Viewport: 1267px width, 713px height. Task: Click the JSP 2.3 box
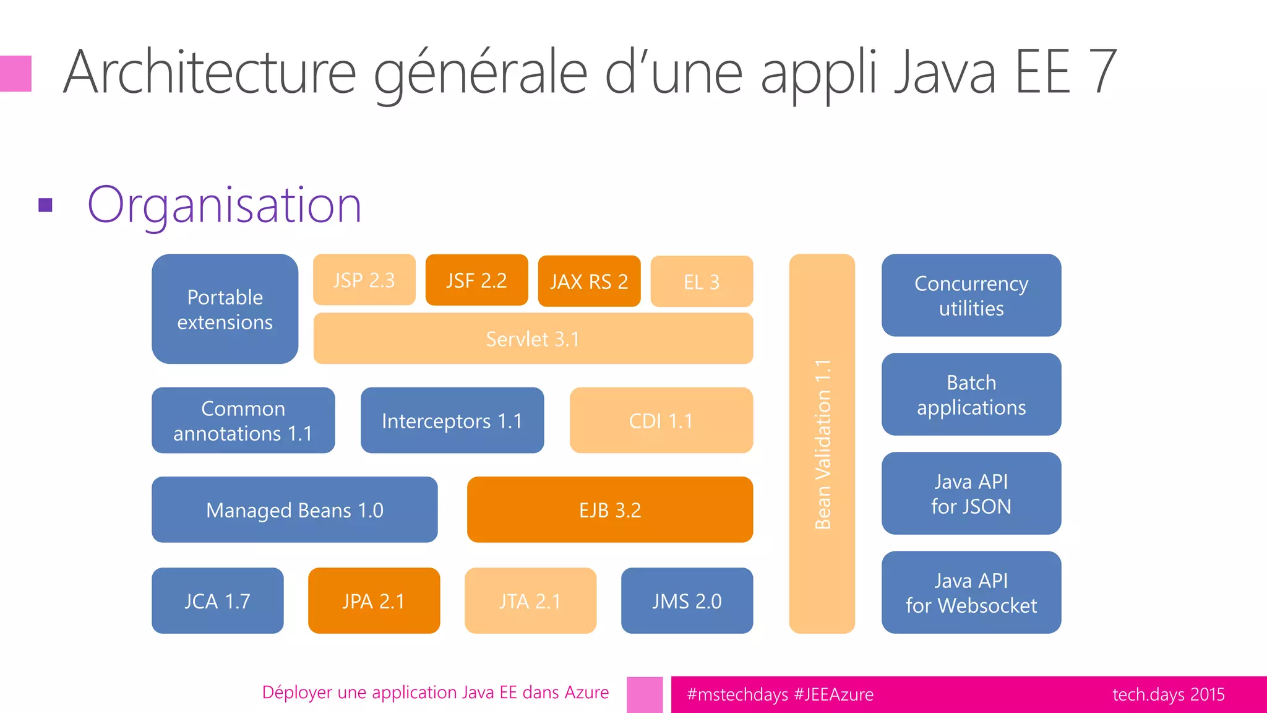pos(364,280)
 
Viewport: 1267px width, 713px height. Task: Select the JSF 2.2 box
pos(476,280)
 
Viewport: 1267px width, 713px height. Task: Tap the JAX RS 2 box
pos(589,281)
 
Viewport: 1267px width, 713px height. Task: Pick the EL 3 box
pos(702,282)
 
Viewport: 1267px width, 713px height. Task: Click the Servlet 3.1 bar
pos(533,339)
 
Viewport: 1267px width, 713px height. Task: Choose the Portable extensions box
pos(225,309)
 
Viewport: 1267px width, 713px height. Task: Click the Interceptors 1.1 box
pos(452,420)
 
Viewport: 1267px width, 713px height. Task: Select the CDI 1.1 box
pos(661,420)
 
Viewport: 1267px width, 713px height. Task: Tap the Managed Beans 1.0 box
pos(294,509)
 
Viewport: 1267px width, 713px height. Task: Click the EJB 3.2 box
pos(609,509)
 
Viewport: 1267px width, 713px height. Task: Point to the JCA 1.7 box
pos(217,600)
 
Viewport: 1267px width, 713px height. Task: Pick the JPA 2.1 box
pos(374,600)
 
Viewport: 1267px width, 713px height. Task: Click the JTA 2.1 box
pos(530,600)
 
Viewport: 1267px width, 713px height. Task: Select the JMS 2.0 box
pos(687,600)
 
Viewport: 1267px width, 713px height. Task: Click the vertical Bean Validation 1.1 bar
pos(822,444)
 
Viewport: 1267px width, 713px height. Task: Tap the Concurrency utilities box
pos(971,295)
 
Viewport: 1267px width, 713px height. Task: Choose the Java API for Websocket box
pos(971,592)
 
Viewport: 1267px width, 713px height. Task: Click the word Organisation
pos(224,205)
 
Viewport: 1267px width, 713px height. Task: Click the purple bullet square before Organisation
pos(45,205)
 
